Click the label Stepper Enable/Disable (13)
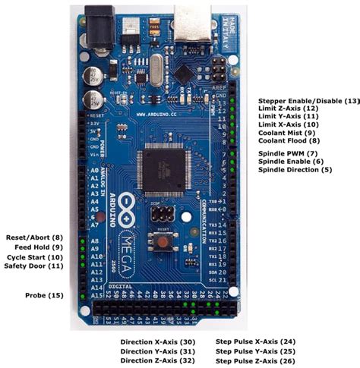click(308, 101)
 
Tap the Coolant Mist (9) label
click(286, 133)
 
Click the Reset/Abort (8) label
click(34, 237)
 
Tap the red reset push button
click(161, 242)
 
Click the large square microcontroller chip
click(163, 168)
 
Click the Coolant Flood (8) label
click(288, 140)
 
